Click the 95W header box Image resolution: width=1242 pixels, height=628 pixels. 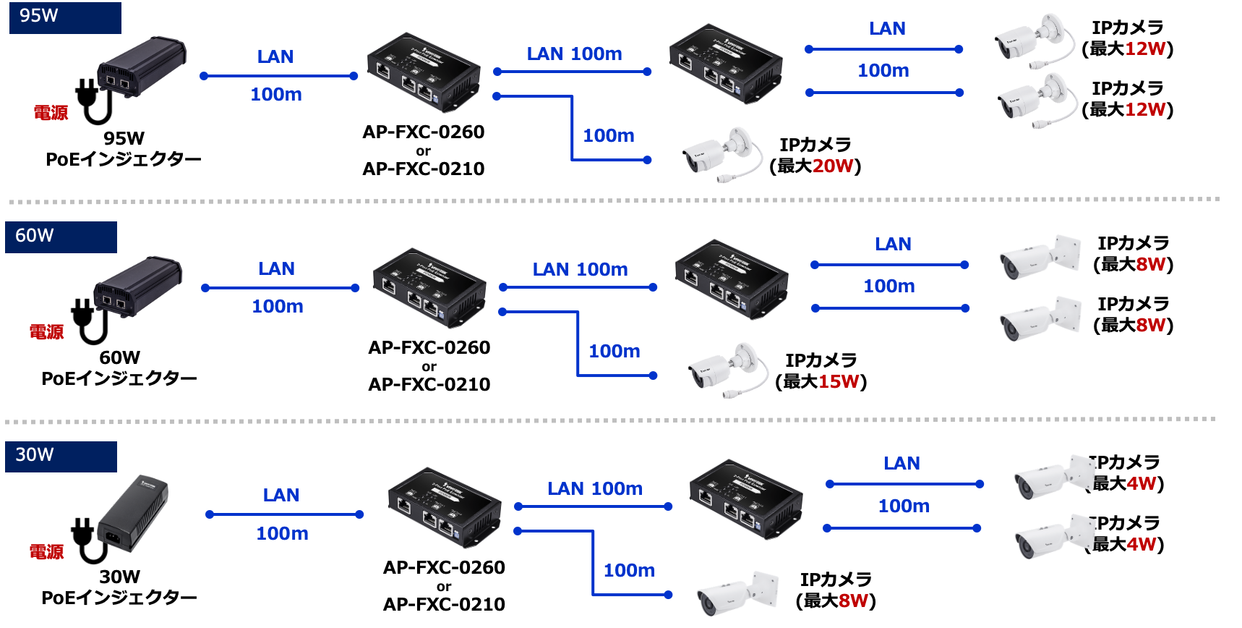65,17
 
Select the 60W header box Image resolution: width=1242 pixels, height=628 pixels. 61,237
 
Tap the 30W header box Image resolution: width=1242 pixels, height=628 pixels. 61,457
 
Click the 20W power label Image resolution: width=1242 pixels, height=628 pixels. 833,166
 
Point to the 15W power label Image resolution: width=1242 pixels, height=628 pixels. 839,381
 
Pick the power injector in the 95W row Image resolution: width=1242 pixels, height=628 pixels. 142,67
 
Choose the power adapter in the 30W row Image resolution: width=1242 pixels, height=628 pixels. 133,513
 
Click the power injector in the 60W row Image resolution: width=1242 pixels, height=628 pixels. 138,286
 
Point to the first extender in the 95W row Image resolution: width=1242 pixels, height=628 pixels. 424,72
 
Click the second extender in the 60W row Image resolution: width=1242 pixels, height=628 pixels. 732,279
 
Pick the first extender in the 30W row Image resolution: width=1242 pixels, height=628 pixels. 445,507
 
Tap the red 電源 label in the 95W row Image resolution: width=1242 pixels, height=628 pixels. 51,113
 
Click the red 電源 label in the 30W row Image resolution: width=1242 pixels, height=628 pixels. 47,552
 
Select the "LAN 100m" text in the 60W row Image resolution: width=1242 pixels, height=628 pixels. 580,270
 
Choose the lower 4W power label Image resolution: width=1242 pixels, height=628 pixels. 1142,544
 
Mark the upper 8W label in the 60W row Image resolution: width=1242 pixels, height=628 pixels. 1150,264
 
